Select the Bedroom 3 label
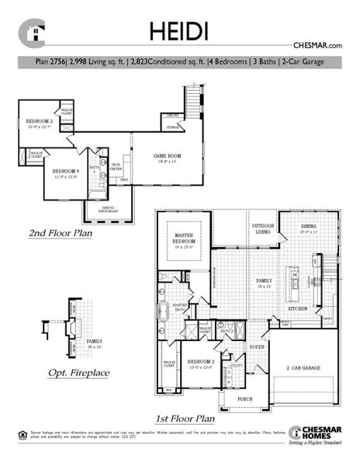[x=39, y=123]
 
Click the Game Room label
[x=167, y=158]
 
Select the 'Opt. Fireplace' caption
[x=78, y=373]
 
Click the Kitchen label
[x=299, y=308]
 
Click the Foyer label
[x=257, y=347]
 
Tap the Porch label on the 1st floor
[x=244, y=400]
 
